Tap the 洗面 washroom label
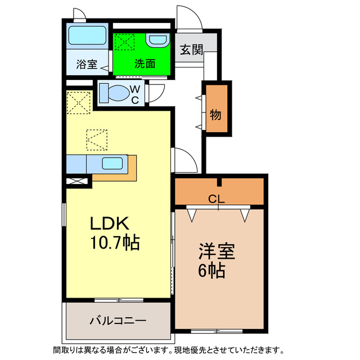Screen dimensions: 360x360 coord(145,64)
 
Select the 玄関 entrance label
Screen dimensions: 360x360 coord(191,50)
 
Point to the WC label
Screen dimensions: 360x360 coord(136,94)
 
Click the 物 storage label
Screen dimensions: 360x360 coord(215,114)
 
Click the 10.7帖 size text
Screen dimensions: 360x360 coord(115,244)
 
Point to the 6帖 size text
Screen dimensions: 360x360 coord(211,271)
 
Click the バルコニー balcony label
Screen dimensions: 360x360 coord(118,320)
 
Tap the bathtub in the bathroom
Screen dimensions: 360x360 coord(88,37)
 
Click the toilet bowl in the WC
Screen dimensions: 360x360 coord(115,93)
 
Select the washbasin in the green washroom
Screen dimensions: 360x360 coord(157,41)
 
